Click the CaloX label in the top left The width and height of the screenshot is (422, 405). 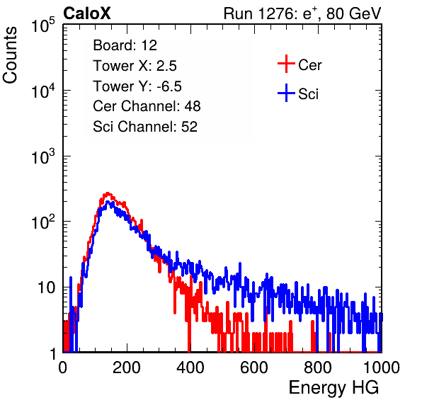87,13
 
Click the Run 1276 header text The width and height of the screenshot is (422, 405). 302,13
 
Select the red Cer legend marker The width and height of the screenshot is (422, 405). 286,64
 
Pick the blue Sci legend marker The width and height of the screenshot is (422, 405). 286,93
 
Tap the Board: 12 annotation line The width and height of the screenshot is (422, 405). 125,45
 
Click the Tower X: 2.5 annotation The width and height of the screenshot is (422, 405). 135,66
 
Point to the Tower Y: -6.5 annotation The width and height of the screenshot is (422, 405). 137,86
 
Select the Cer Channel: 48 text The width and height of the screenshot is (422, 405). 147,106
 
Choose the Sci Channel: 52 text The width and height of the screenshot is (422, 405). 145,127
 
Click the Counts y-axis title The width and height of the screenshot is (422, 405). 10,55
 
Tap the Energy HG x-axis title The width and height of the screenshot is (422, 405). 333,388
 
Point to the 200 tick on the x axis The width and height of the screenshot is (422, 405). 127,367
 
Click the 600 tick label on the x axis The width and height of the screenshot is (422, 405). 254,367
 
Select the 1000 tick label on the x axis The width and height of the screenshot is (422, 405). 382,367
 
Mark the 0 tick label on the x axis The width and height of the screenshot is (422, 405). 63,367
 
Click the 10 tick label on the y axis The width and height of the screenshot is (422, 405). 47,287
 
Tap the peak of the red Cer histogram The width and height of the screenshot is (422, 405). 108,193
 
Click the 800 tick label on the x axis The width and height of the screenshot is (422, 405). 318,367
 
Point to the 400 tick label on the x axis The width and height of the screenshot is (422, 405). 190,367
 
